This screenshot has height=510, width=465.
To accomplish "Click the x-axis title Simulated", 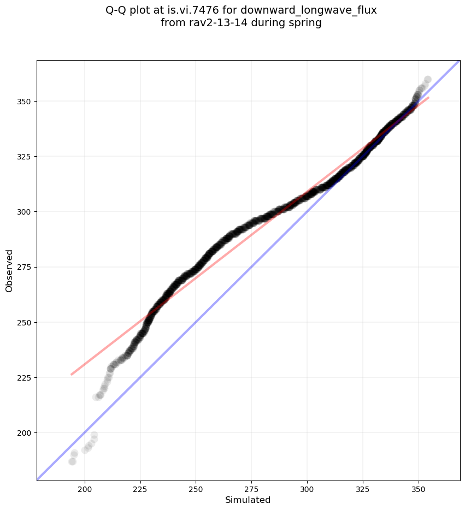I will coord(248,500).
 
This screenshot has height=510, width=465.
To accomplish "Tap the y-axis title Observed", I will coord(10,270).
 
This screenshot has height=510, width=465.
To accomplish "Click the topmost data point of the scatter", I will coord(427,80).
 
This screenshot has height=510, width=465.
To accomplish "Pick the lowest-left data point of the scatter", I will coord(72,461).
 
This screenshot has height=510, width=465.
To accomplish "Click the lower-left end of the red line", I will coord(72,375).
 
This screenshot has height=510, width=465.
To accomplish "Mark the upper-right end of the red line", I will coord(428,98).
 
